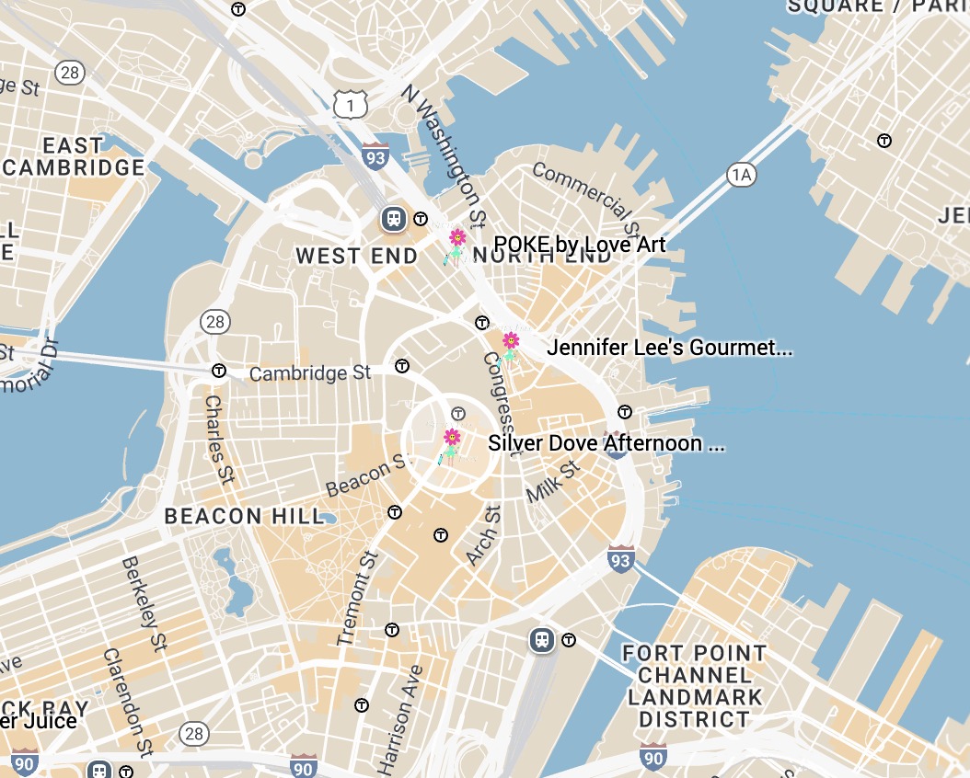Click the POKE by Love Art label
[579, 244]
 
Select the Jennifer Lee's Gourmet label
[669, 349]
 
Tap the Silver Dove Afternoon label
[606, 443]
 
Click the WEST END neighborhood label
[356, 257]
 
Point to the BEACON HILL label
[245, 516]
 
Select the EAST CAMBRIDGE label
[74, 157]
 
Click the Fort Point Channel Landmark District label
[694, 686]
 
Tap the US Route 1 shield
[351, 106]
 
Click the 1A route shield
[742, 175]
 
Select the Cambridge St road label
[310, 372]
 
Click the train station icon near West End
[395, 219]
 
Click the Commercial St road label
[585, 196]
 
